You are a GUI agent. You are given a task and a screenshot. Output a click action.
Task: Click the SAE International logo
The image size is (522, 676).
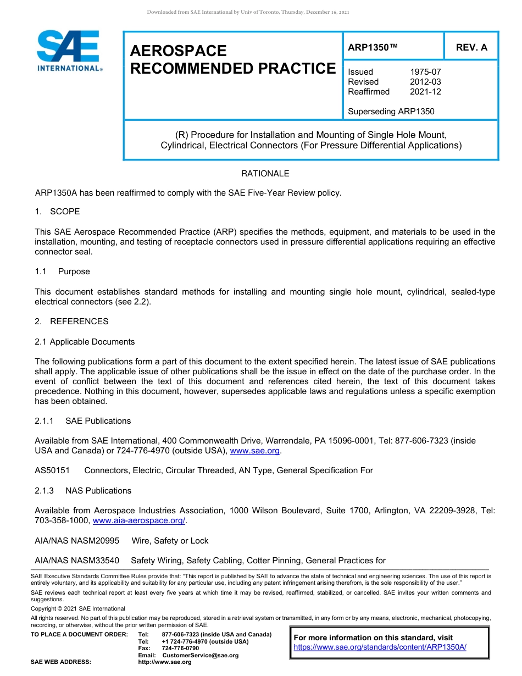pyautogui.click(x=68, y=50)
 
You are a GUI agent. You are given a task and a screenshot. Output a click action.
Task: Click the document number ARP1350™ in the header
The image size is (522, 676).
pyautogui.click(x=373, y=47)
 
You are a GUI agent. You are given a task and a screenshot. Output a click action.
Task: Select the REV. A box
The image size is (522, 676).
pyautogui.click(x=471, y=47)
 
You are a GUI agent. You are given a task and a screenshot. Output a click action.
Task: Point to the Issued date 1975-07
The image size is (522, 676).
pyautogui.click(x=425, y=72)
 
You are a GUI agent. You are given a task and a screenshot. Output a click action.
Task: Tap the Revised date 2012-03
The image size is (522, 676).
pyautogui.click(x=425, y=82)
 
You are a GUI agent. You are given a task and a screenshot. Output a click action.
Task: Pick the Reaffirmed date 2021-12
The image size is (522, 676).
pyautogui.click(x=425, y=92)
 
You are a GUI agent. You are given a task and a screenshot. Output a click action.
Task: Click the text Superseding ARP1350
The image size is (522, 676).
pyautogui.click(x=391, y=112)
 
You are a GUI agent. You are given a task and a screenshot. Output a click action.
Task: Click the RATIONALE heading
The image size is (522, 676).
pyautogui.click(x=265, y=174)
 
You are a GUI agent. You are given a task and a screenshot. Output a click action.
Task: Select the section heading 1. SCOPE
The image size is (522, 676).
pyautogui.click(x=57, y=212)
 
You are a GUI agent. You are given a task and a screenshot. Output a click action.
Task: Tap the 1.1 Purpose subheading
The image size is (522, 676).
pyautogui.click(x=62, y=271)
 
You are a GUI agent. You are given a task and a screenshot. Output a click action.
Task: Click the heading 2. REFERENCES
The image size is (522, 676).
pyautogui.click(x=71, y=322)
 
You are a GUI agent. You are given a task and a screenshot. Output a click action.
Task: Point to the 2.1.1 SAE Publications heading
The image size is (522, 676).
pyautogui.click(x=82, y=421)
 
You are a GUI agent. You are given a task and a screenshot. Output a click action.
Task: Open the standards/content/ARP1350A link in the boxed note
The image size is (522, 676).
pyautogui.click(x=380, y=647)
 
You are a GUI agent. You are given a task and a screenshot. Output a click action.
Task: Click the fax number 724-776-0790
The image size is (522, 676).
pyautogui.click(x=180, y=648)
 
